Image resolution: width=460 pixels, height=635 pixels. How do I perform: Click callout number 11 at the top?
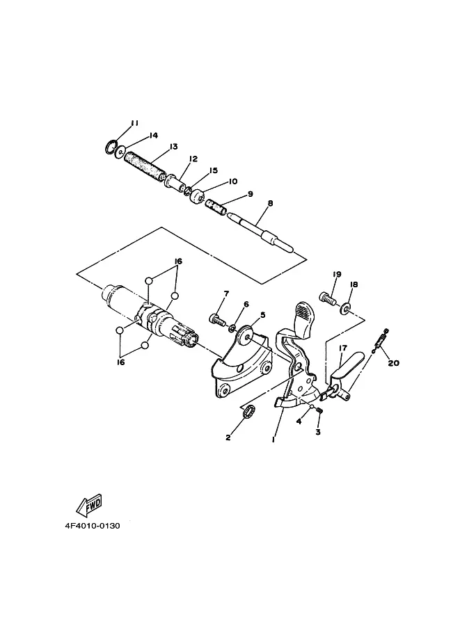pyautogui.click(x=134, y=123)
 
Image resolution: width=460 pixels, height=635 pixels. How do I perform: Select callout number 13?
pyautogui.click(x=173, y=147)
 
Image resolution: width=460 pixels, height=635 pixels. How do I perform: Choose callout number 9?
pyautogui.click(x=249, y=194)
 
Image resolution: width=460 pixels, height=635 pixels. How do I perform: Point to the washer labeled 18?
pyautogui.click(x=346, y=307)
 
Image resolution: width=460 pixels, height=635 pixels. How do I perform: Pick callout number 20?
pyautogui.click(x=394, y=363)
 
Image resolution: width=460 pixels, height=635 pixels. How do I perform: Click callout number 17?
pyautogui.click(x=342, y=348)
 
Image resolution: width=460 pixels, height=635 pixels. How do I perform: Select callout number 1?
pyautogui.click(x=273, y=440)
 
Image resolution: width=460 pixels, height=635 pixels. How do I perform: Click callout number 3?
pyautogui.click(x=318, y=432)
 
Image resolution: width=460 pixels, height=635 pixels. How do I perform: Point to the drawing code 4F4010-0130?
pyautogui.click(x=93, y=526)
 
